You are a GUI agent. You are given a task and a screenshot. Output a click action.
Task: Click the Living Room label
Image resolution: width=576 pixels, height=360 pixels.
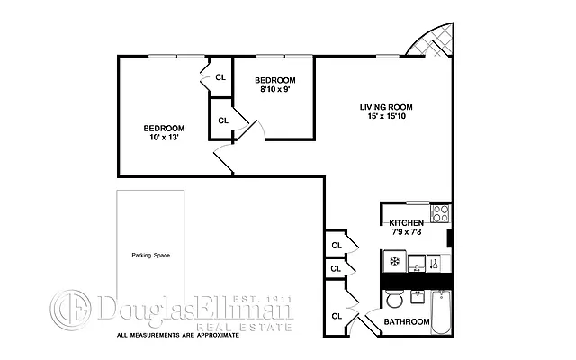(387, 106)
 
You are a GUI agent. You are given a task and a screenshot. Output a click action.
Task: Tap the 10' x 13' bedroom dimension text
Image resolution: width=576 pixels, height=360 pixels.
(164, 138)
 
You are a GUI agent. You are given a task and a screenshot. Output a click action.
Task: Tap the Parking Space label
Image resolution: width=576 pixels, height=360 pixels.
(150, 255)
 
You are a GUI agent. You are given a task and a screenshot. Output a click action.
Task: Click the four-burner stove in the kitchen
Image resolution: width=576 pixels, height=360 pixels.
(440, 214)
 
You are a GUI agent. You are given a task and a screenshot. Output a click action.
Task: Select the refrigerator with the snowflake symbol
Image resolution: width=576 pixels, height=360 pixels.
(393, 262)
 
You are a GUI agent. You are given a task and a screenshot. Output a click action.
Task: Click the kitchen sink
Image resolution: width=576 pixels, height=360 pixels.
(418, 263)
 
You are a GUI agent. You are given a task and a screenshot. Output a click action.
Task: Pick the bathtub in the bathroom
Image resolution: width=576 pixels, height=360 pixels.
(441, 312)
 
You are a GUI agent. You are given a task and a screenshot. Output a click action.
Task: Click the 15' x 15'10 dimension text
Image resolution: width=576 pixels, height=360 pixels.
(387, 116)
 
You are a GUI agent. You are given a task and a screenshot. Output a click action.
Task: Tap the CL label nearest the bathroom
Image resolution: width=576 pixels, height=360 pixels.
(337, 315)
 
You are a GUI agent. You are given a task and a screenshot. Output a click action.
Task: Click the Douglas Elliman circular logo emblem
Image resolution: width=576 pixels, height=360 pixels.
(70, 310)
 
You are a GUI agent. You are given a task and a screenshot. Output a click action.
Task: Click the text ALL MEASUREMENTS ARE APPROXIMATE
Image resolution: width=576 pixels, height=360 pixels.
(177, 336)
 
